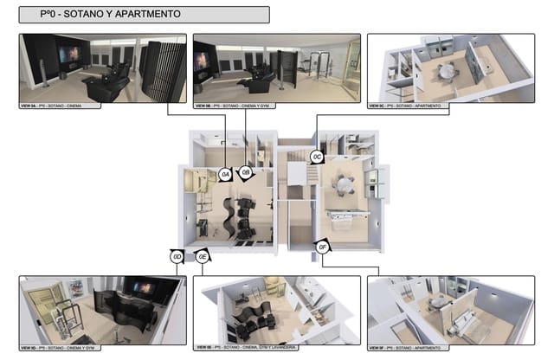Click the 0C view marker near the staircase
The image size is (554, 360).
[318, 157]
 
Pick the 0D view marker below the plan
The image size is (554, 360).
[177, 256]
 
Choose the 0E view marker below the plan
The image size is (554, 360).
[202, 256]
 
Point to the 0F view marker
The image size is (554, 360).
[322, 248]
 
